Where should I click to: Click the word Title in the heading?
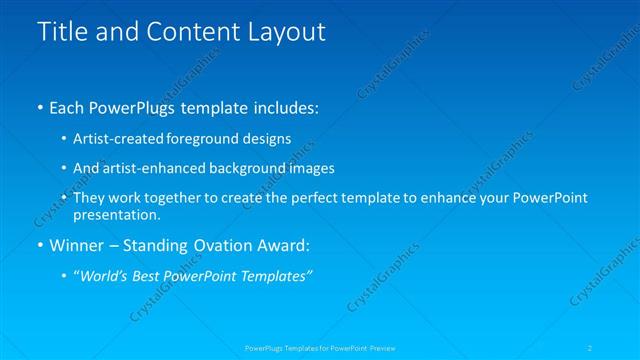point(62,32)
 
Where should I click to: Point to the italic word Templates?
point(273,276)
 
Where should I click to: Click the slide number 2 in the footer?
point(591,347)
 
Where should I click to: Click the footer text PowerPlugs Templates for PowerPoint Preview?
point(320,347)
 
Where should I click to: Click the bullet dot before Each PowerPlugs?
point(39,106)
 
